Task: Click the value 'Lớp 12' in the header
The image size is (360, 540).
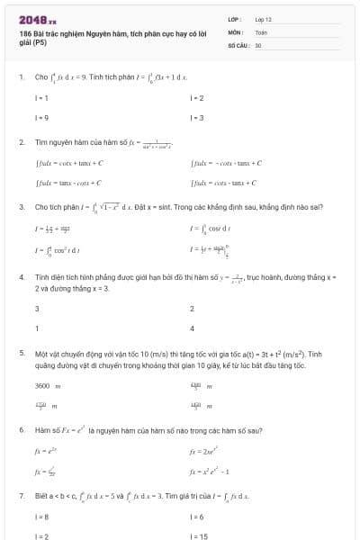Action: (264, 18)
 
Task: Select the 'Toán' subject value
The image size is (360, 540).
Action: (261, 31)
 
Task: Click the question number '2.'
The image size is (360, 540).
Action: (21, 142)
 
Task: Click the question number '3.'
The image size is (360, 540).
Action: (21, 207)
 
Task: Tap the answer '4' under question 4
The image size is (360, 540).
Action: (193, 328)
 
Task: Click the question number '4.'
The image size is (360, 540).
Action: (21, 278)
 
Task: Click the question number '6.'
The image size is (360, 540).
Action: (21, 430)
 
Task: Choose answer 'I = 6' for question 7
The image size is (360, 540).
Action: (197, 517)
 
